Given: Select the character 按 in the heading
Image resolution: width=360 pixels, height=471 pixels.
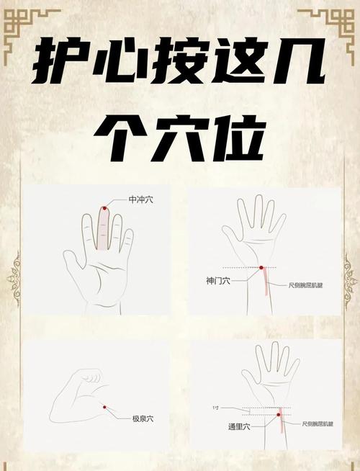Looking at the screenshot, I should coord(180,64).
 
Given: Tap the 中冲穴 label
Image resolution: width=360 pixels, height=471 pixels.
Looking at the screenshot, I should coord(140,199).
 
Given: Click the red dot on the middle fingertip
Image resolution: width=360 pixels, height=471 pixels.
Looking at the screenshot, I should coord(104,208).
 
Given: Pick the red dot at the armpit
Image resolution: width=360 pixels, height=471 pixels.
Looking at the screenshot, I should coord(104,407).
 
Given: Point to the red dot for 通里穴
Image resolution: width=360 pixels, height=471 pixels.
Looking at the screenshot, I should coord(279,414).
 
